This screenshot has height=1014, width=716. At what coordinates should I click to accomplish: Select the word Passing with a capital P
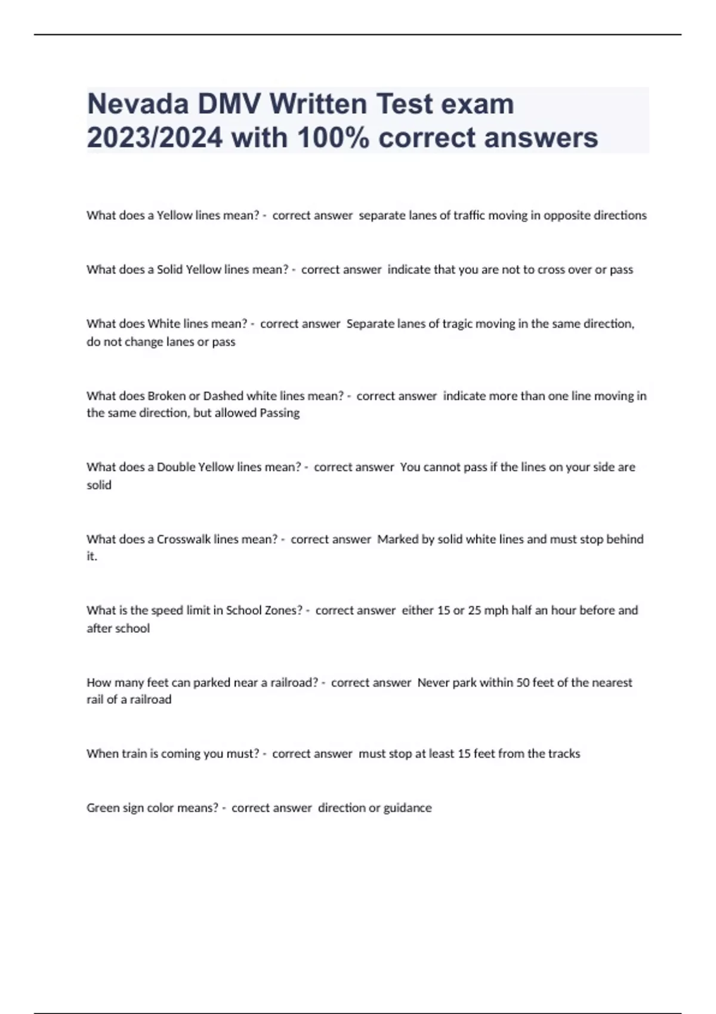tap(280, 413)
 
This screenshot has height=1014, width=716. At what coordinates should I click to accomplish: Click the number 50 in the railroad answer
tap(523, 682)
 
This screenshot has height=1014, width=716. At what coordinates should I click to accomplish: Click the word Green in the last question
tap(103, 808)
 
